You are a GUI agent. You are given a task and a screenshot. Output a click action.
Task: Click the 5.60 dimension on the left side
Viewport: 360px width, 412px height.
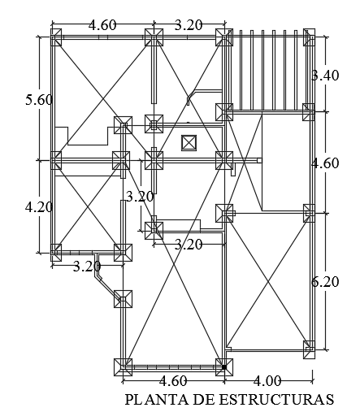click(38, 100)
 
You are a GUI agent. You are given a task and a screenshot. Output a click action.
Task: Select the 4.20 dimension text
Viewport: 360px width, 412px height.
click(38, 206)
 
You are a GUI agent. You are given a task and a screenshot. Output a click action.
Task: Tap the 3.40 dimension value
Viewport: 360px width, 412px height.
click(325, 76)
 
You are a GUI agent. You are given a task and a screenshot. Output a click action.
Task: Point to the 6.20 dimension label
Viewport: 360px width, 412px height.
click(325, 282)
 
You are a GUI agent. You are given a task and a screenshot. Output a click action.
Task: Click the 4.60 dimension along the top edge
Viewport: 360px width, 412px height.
click(102, 24)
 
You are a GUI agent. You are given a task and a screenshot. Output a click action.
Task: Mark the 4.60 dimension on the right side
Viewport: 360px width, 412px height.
click(325, 163)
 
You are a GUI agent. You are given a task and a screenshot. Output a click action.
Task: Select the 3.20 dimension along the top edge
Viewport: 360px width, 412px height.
click(189, 24)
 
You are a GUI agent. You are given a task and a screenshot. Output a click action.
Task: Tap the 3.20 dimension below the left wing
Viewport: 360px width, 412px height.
click(86, 266)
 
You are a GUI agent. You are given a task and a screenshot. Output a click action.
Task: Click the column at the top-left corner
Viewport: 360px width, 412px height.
click(56, 37)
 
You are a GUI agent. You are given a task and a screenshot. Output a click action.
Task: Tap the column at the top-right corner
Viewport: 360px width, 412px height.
click(309, 37)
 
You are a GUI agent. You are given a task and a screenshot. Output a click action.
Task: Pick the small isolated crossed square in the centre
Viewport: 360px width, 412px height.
click(189, 142)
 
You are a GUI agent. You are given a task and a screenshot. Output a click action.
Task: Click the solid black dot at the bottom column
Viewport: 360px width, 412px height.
click(223, 367)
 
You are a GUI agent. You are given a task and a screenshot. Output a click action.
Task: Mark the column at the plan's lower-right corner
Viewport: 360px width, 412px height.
click(309, 349)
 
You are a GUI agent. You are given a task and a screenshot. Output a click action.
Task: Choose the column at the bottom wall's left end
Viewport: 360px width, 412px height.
click(124, 366)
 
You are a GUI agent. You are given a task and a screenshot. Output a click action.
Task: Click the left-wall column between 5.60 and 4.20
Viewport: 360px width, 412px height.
click(56, 160)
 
